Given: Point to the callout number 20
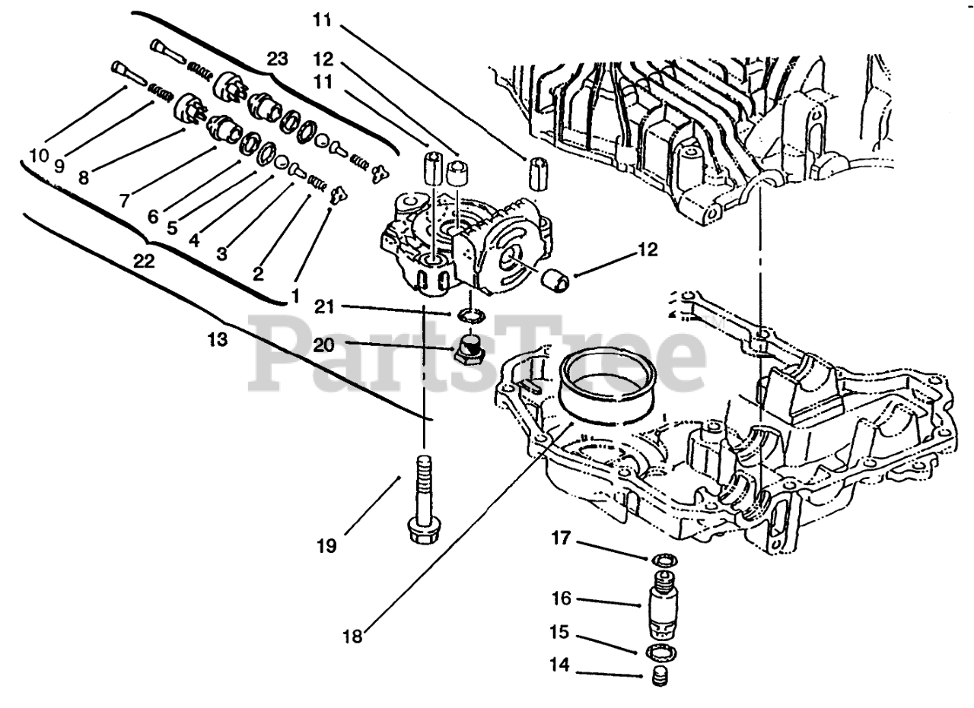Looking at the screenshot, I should (323, 345).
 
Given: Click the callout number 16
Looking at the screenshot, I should (562, 598).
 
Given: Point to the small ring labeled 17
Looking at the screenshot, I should (662, 561).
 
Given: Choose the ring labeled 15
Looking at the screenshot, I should (662, 652).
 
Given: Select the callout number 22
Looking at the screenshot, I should (143, 262).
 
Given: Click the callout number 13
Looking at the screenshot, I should (217, 339).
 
